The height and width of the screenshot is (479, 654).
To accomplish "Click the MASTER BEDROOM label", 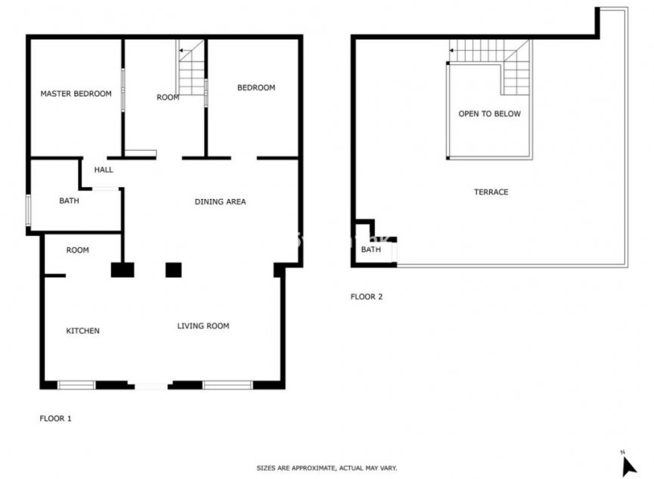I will [76, 94].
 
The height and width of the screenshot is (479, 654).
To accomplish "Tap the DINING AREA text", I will [220, 201].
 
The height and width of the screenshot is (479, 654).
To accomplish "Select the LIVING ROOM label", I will [203, 326].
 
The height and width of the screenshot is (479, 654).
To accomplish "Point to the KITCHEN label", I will [83, 331].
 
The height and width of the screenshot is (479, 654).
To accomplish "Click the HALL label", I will [104, 170].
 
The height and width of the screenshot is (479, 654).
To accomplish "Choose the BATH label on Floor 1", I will [69, 201].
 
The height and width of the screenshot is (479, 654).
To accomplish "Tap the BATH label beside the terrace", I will [370, 250].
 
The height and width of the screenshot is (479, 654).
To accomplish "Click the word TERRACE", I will [491, 192].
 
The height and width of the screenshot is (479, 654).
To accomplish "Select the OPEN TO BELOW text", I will [489, 114].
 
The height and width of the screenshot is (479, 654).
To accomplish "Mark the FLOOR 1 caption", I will [55, 418].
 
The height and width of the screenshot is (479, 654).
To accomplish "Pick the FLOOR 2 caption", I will [367, 297].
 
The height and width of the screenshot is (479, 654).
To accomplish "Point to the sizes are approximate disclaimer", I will [327, 468].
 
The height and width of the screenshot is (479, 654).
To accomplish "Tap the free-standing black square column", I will [174, 269].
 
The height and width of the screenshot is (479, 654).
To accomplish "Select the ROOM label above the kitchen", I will [77, 250].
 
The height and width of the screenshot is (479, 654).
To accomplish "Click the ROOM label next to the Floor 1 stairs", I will [168, 97].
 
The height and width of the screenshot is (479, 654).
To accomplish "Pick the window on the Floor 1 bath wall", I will [28, 210].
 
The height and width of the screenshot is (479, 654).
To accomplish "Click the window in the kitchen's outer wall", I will [76, 385].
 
